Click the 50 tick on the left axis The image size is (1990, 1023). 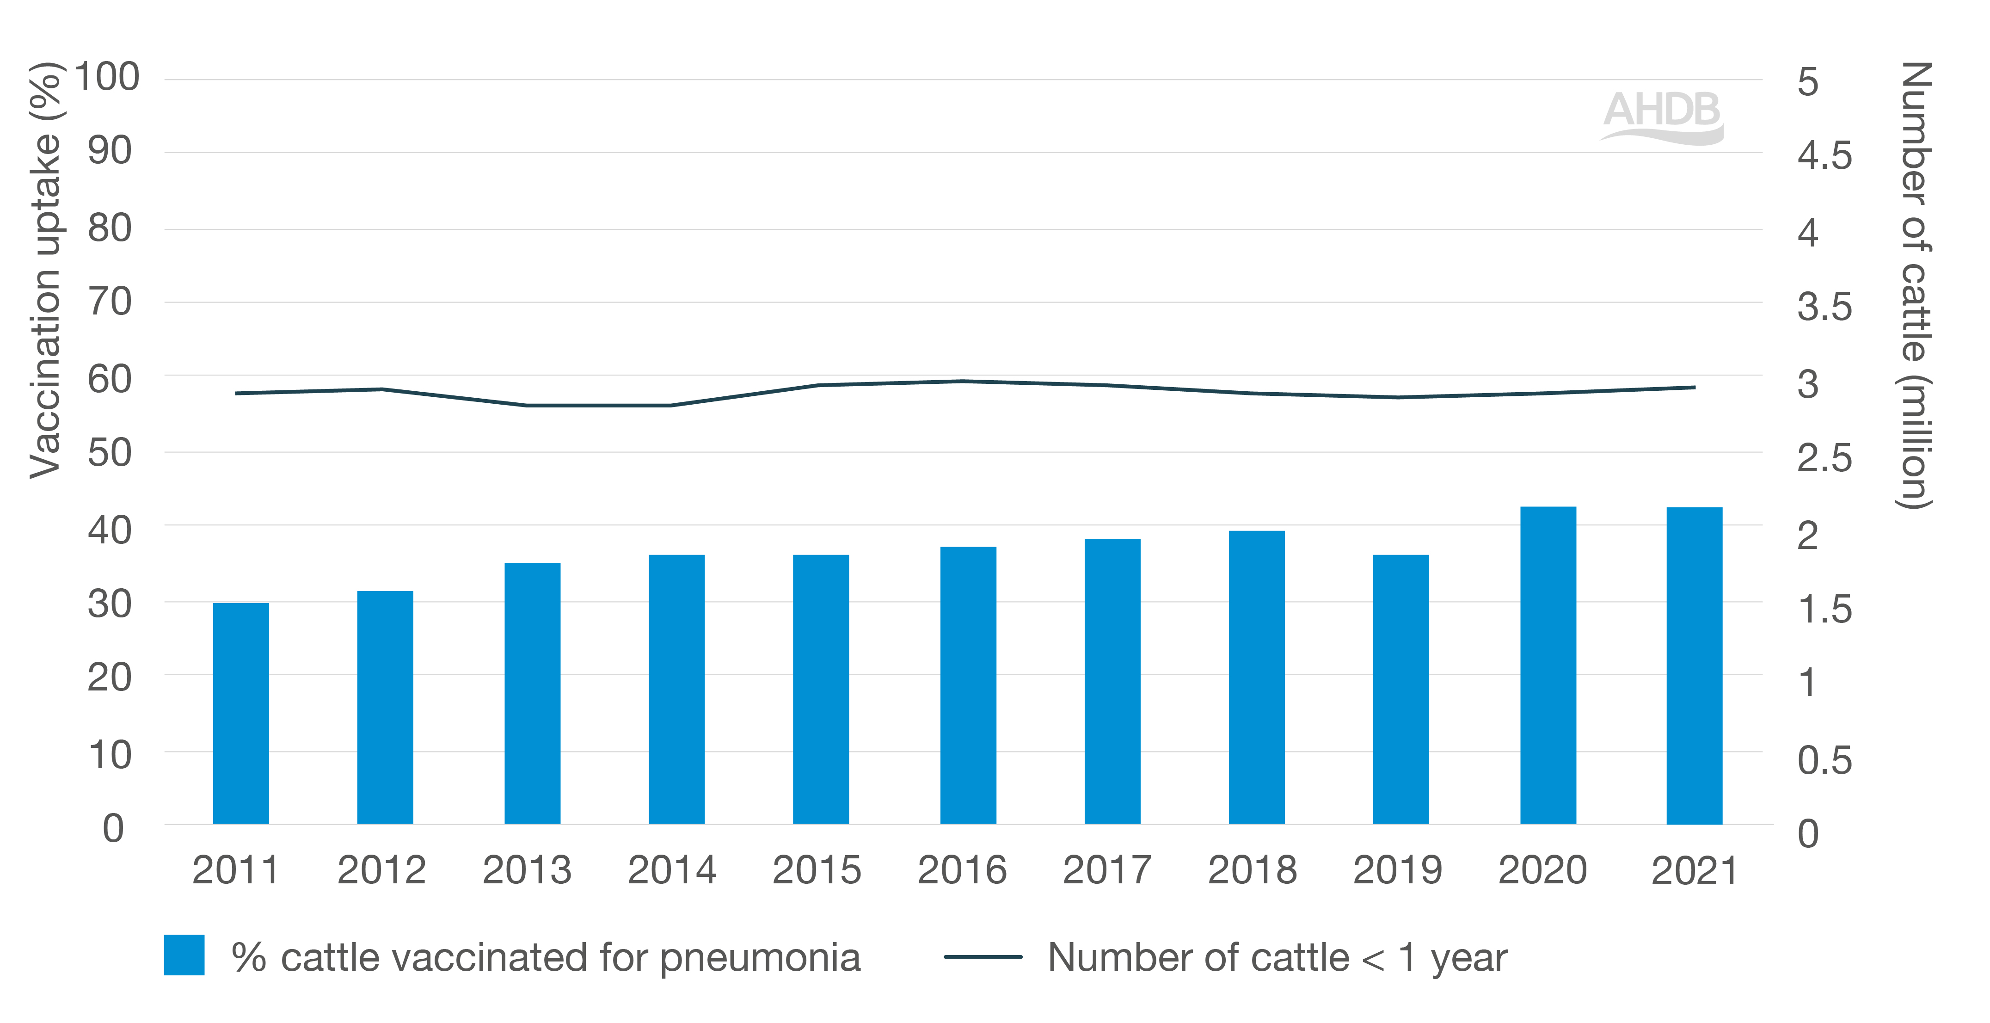(109, 453)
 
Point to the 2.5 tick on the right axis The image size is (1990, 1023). (1824, 458)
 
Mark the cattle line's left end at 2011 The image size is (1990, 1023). (236, 393)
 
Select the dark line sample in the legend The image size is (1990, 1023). (983, 956)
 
